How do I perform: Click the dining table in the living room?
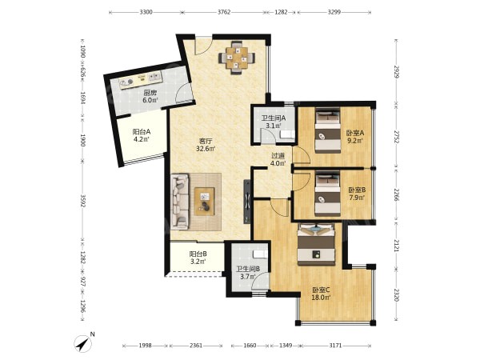(236, 58)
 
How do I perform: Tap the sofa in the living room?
(180, 202)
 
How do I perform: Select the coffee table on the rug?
(205, 202)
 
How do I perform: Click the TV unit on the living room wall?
(247, 202)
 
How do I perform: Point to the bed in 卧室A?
(328, 130)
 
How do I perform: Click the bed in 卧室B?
(327, 194)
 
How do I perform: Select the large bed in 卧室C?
(317, 244)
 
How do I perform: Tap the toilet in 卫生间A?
(287, 134)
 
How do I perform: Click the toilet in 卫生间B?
(260, 254)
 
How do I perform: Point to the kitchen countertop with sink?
(141, 80)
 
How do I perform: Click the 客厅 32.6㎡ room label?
(206, 145)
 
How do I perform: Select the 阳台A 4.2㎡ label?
(141, 136)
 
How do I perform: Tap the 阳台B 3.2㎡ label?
(198, 258)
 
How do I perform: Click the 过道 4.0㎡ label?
(278, 159)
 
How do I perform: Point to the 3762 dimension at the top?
(224, 12)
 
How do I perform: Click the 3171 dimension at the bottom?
(335, 346)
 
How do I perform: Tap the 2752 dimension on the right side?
(397, 137)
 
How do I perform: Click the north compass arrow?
(83, 343)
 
